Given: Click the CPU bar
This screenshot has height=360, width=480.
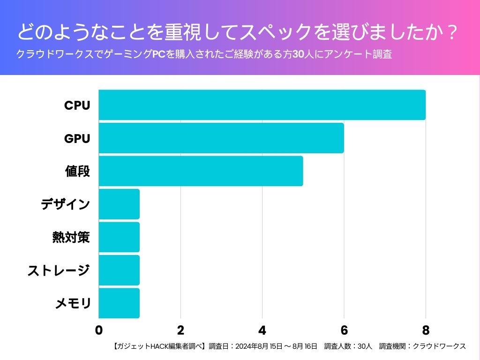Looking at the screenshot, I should click(x=262, y=105).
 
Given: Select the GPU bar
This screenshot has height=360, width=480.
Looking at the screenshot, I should click(x=221, y=138).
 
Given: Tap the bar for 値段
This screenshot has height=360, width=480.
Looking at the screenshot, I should click(x=201, y=171).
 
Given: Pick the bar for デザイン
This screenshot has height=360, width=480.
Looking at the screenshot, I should click(x=119, y=204).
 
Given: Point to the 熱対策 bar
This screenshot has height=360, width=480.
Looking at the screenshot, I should click(x=119, y=237).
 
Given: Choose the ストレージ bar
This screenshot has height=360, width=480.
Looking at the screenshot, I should click(x=119, y=270).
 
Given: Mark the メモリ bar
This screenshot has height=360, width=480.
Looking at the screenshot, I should click(x=119, y=303).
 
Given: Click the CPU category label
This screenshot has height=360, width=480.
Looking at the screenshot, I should click(x=77, y=105).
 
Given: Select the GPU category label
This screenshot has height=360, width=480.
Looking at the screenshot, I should click(x=77, y=139).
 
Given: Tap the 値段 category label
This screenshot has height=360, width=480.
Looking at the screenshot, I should click(x=77, y=172).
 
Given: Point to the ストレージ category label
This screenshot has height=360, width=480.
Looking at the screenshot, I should click(x=59, y=270).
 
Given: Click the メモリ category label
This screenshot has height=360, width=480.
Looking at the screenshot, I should click(x=73, y=304).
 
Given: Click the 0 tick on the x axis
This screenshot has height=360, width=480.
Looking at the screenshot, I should click(x=99, y=330).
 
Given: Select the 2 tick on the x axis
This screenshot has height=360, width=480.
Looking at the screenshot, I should click(x=180, y=330).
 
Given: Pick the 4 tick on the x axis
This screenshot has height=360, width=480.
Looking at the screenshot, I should click(x=262, y=330).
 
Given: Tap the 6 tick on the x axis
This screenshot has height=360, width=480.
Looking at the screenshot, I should click(x=344, y=330).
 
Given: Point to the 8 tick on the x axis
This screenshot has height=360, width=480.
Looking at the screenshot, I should click(x=426, y=330).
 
